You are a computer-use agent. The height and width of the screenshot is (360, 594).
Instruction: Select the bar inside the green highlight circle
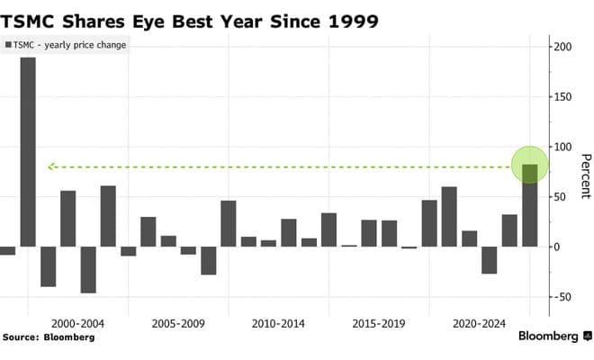529,205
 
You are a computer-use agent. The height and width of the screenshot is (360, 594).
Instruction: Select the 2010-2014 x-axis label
276,321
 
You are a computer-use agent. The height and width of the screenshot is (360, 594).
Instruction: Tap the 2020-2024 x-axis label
477,321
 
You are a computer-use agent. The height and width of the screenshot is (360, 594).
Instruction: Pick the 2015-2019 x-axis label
377,321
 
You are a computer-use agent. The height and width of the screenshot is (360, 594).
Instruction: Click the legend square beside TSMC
9,45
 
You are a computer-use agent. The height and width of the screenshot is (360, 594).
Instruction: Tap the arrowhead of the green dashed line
51,166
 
